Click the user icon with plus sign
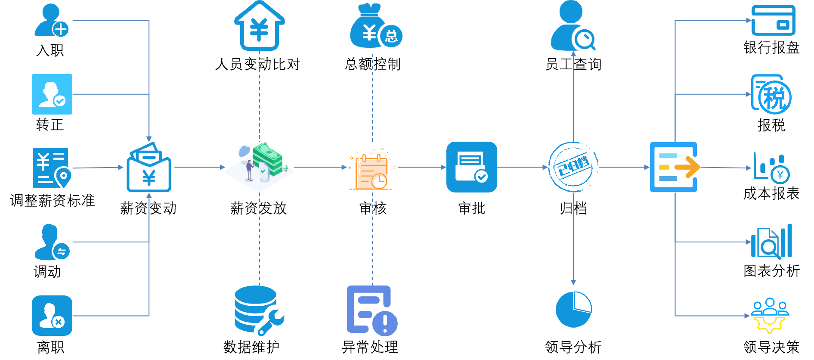tap(51, 20)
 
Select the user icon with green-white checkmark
tap(52, 94)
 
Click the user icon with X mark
tap(52, 316)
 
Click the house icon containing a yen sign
tap(259, 26)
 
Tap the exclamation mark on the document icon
tap(385, 322)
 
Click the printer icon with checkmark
tap(471, 167)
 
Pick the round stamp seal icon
tap(573, 167)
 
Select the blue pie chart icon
tap(573, 309)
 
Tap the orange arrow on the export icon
tap(687, 167)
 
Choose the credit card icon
tap(773, 20)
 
